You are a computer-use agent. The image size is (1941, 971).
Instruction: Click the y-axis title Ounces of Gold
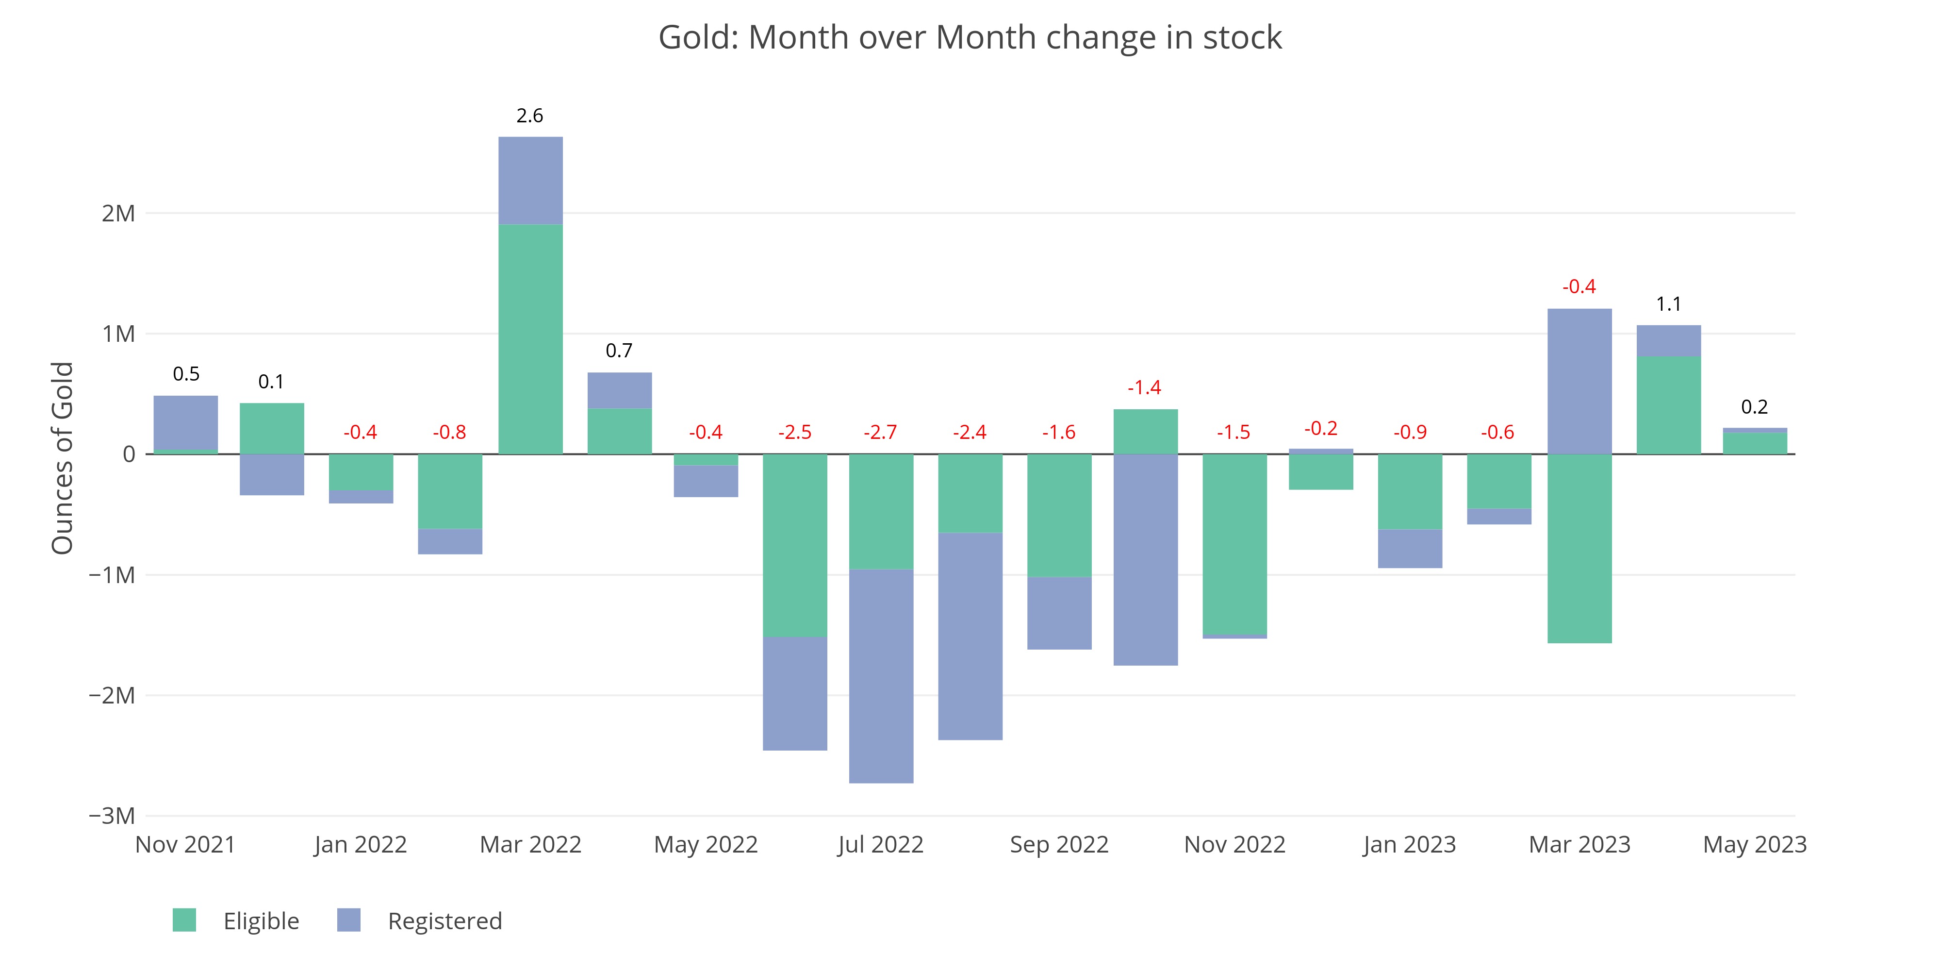(x=63, y=458)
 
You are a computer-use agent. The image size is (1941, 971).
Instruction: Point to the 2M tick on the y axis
(x=119, y=213)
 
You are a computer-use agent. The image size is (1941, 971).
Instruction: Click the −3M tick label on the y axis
(x=112, y=815)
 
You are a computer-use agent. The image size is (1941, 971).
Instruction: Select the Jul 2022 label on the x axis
(x=880, y=844)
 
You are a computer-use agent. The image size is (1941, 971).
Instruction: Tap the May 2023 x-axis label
(x=1754, y=844)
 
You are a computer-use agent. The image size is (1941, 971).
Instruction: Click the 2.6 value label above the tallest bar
(x=530, y=116)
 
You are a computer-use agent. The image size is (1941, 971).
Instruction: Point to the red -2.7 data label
(x=880, y=432)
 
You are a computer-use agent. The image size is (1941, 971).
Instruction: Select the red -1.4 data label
(x=1144, y=387)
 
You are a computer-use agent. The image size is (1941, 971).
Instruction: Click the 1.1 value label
(x=1668, y=304)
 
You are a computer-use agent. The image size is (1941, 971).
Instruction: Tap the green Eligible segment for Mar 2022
(x=530, y=339)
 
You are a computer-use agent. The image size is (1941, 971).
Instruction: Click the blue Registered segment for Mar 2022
(x=530, y=181)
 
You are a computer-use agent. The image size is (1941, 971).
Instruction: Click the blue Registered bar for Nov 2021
(x=185, y=422)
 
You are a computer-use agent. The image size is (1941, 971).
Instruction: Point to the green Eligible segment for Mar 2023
(x=1579, y=548)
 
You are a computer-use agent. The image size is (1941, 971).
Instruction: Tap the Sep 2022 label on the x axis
(x=1059, y=844)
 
